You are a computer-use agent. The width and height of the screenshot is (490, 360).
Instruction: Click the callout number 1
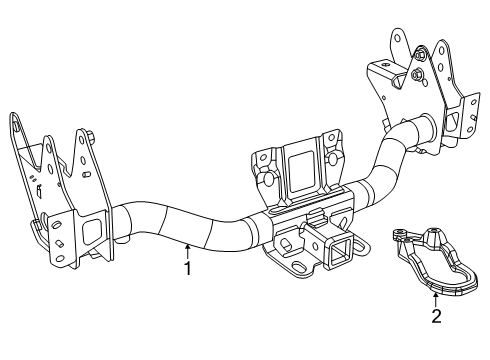pos(185,267)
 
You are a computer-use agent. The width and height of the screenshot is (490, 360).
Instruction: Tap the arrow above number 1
pos(186,250)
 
